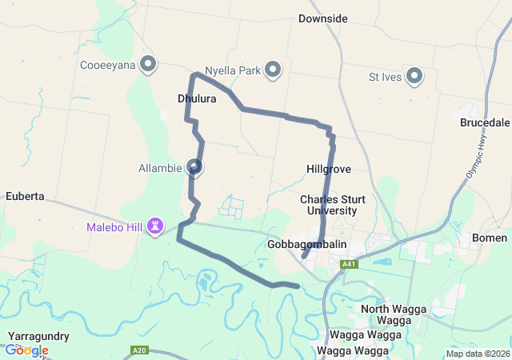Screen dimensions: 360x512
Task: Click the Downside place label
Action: [x=322, y=18]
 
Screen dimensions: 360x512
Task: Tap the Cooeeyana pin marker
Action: [x=147, y=63]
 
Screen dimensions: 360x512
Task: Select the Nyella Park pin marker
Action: [x=273, y=70]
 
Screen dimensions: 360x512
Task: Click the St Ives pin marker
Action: [x=414, y=77]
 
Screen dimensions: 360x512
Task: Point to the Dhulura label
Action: [x=197, y=99]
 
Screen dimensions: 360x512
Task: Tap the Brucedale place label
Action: [x=485, y=123]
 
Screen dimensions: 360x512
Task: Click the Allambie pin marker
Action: [x=194, y=166]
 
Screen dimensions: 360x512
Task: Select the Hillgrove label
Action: [x=329, y=170]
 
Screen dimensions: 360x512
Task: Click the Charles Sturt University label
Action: [x=328, y=205]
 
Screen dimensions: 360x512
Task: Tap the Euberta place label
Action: [x=24, y=195]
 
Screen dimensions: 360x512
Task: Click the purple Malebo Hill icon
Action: [x=155, y=228]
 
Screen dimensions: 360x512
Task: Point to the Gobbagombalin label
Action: [x=307, y=243]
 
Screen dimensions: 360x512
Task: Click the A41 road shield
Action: [x=348, y=264]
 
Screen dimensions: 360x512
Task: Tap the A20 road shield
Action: [x=139, y=350]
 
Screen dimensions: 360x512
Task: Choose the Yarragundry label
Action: [x=38, y=336]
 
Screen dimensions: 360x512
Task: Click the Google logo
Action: [x=26, y=350]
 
